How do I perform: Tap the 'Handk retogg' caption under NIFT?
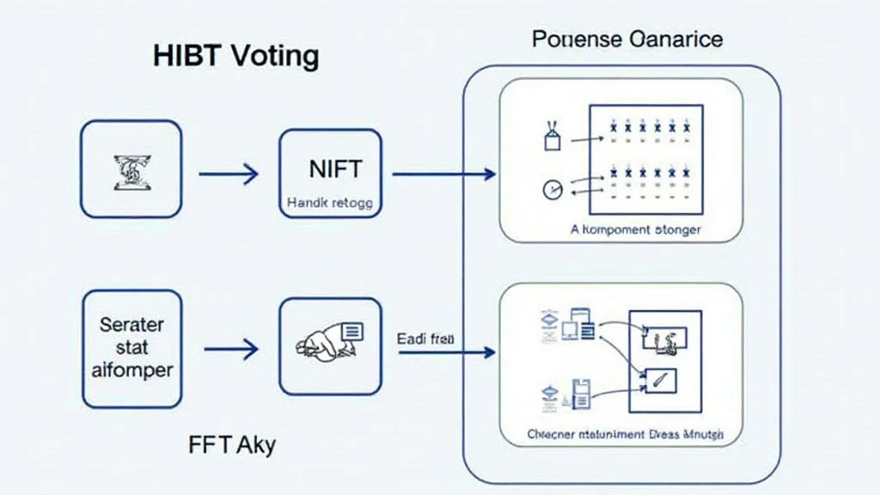click(330, 205)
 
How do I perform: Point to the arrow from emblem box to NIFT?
click(229, 174)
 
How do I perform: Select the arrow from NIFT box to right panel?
click(443, 174)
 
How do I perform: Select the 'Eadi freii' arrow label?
click(425, 339)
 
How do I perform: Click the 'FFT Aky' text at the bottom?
click(231, 447)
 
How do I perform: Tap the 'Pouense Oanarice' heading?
click(627, 40)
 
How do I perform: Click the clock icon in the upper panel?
click(551, 189)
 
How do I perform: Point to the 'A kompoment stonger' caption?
click(635, 230)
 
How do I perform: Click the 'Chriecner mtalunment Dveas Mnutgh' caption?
click(625, 435)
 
